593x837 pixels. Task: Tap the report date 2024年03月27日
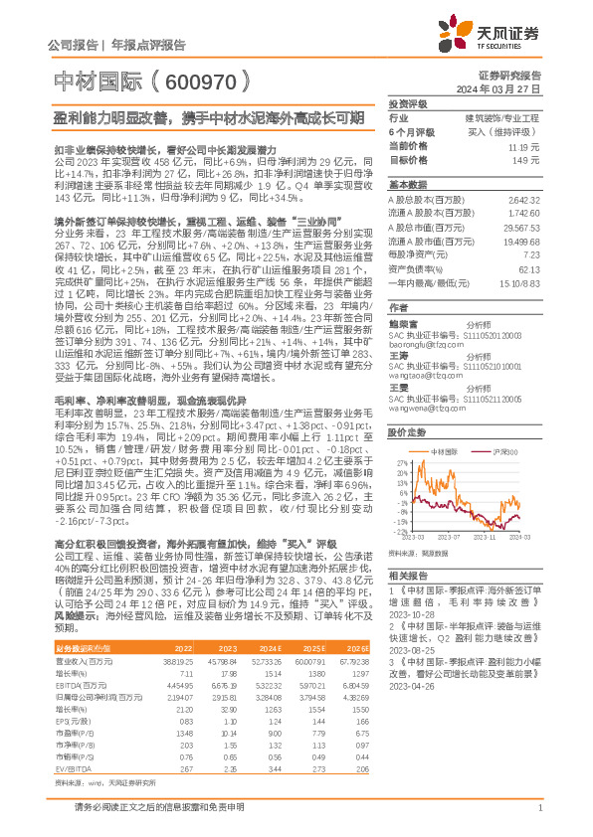(x=508, y=88)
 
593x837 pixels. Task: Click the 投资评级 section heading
(x=407, y=103)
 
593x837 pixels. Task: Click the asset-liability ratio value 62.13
(x=529, y=268)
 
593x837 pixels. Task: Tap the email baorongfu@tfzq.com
(x=425, y=318)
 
